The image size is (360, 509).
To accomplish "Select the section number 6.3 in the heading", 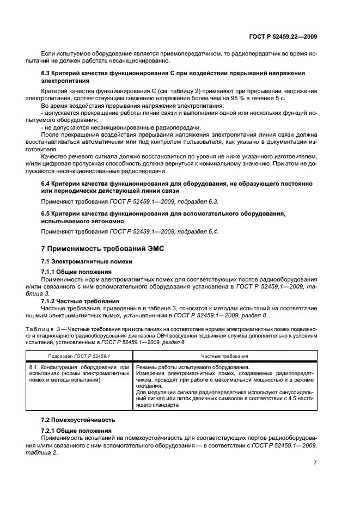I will click(47, 73).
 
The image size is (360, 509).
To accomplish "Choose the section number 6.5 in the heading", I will click(47, 213).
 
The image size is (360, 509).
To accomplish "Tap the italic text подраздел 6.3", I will click(190, 201).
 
